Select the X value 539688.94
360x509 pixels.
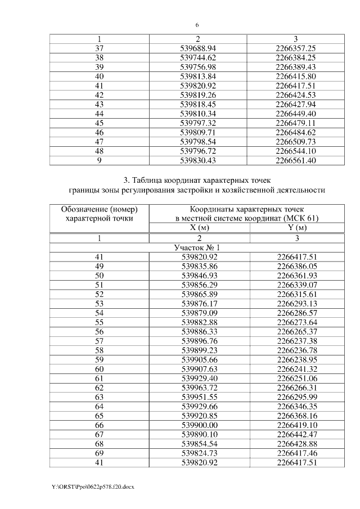tap(198, 49)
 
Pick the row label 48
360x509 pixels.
tap(99, 151)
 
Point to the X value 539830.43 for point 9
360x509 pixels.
tap(198, 160)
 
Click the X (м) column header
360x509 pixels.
tap(198, 228)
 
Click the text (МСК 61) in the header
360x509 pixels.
tap(299, 218)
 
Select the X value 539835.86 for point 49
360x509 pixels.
tap(198, 265)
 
